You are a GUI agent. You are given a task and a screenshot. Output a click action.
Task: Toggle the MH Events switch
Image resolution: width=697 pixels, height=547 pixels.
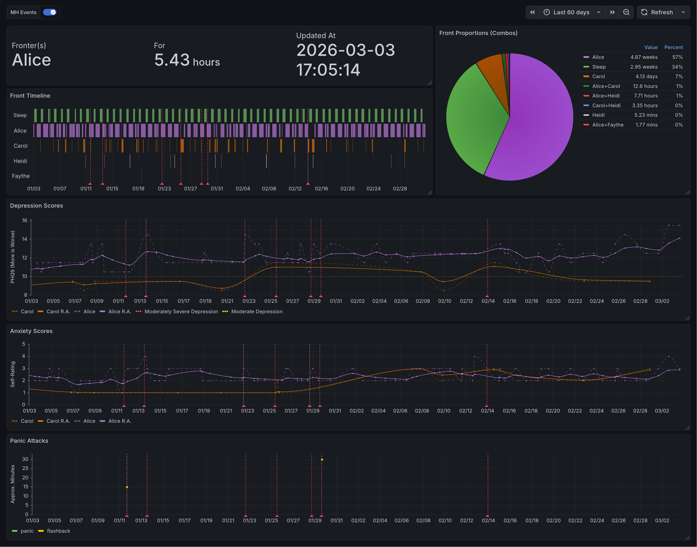click(x=50, y=12)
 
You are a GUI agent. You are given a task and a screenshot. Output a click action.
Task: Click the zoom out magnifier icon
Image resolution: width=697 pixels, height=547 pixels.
click(x=626, y=12)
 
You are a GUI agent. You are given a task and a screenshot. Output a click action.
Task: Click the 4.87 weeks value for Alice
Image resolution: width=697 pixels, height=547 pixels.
click(x=644, y=57)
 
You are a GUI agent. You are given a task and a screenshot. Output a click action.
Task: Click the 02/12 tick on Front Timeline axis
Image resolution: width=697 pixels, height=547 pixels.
click(x=295, y=189)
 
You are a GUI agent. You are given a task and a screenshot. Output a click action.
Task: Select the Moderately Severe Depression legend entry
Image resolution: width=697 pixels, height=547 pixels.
click(x=181, y=311)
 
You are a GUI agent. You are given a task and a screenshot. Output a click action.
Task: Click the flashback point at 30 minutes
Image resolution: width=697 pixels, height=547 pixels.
click(x=322, y=460)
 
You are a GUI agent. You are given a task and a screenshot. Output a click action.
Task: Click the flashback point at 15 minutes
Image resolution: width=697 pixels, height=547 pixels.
click(x=127, y=487)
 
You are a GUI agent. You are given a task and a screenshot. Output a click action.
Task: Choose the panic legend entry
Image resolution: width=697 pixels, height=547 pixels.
click(x=27, y=531)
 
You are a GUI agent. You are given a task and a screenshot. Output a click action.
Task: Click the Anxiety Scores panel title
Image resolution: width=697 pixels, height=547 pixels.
click(x=31, y=331)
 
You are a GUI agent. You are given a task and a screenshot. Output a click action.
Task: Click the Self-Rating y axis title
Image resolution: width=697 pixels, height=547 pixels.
click(x=12, y=374)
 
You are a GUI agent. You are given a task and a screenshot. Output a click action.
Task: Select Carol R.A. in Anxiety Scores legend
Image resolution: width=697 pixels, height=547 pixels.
click(x=58, y=421)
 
